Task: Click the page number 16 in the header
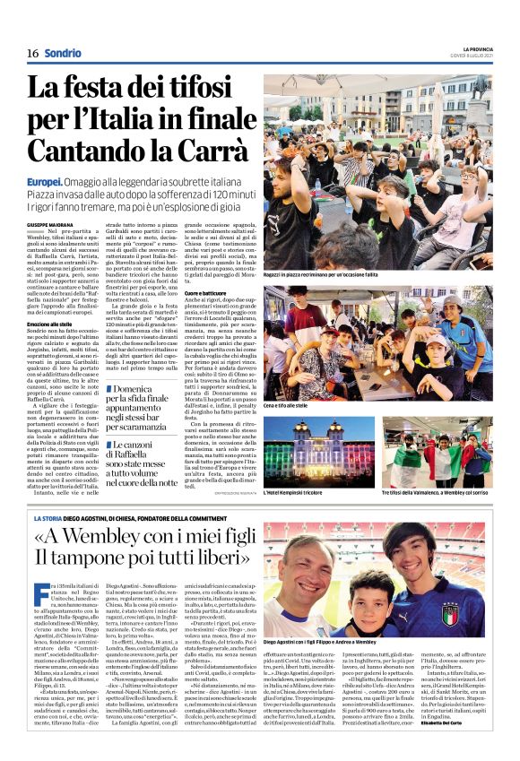tap(31, 53)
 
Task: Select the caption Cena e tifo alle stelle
tap(295, 407)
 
